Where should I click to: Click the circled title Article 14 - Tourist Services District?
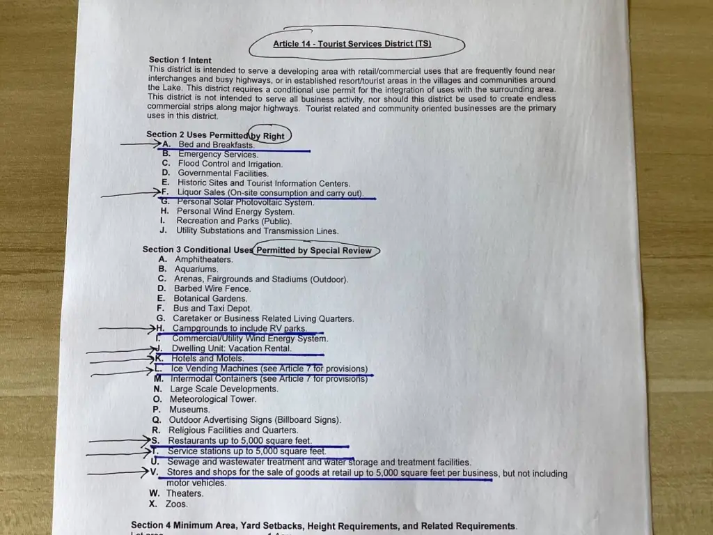(352, 44)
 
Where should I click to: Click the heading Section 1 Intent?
(180, 60)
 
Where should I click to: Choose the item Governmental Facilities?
(223, 173)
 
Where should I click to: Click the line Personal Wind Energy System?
(235, 212)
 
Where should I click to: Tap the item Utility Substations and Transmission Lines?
(257, 231)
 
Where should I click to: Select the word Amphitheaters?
(204, 260)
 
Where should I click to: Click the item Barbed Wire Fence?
(212, 288)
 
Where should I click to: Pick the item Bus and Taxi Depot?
(212, 309)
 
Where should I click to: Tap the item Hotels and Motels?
(207, 359)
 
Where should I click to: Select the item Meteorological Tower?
(213, 399)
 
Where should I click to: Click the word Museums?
(189, 410)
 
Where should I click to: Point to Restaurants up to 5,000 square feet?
(240, 441)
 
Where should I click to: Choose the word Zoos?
(176, 504)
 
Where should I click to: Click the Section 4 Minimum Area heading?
(324, 526)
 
